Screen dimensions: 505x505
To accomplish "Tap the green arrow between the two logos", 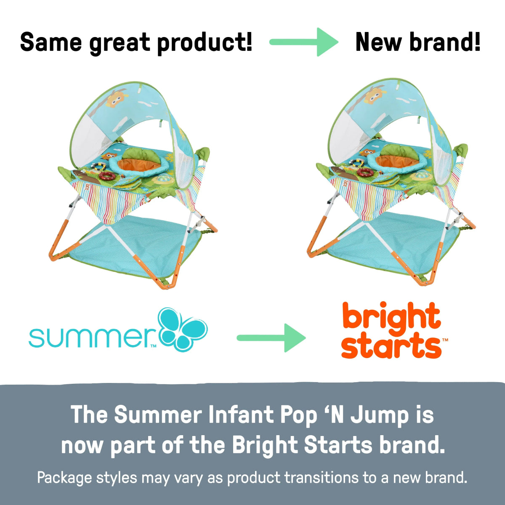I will (x=271, y=338).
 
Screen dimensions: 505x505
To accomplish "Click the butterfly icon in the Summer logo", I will (x=183, y=329).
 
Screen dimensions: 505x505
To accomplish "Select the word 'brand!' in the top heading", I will (x=448, y=42).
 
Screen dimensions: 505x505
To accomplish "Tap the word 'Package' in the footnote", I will (x=64, y=478).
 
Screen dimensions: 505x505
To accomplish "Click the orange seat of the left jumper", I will (x=139, y=164).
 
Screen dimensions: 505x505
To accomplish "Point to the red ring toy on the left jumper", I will (x=107, y=176).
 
